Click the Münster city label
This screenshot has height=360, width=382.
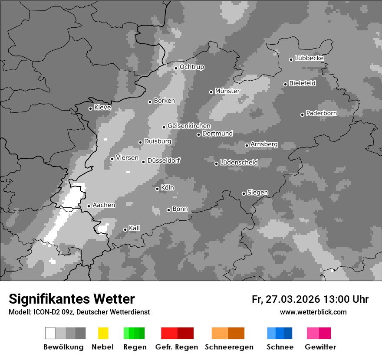(x=227, y=91)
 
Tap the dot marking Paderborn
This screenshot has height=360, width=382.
(x=303, y=115)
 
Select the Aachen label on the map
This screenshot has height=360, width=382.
(x=104, y=205)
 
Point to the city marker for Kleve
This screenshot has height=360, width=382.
(x=90, y=108)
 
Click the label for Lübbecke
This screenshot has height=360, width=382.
(x=310, y=58)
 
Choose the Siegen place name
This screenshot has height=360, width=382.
(x=258, y=193)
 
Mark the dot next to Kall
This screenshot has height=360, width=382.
(x=125, y=229)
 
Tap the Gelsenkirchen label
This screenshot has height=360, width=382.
(x=189, y=126)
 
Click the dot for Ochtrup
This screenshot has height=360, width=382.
(x=176, y=68)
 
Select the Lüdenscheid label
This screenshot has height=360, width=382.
(x=239, y=162)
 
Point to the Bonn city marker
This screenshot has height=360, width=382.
(x=169, y=210)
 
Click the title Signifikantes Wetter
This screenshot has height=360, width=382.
(x=72, y=299)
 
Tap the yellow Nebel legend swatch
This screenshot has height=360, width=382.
(x=103, y=333)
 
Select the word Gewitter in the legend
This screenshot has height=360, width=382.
(x=320, y=347)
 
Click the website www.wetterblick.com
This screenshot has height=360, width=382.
(x=313, y=312)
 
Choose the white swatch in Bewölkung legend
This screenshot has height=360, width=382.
(x=50, y=333)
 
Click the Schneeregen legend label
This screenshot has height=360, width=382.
(x=229, y=347)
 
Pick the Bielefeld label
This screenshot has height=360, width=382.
(x=303, y=83)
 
